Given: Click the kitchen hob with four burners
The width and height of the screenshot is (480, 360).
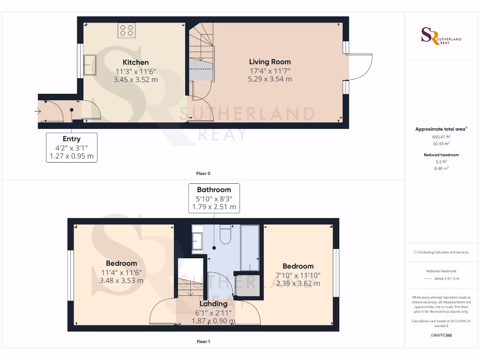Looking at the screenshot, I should tap(127, 30).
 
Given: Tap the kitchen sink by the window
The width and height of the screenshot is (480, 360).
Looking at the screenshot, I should tap(90, 65).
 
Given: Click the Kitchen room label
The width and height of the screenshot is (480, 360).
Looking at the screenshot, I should tap(135, 62).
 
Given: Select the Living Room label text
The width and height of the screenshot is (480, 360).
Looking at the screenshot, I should tap(270, 62).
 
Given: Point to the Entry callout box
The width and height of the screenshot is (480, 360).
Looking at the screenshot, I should tap(71, 147).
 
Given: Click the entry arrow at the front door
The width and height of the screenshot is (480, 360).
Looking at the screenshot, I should tap(37, 112).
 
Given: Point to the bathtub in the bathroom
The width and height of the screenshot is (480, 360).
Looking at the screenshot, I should tap(249, 248).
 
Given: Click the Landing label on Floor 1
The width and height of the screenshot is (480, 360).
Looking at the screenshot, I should tap(214, 304).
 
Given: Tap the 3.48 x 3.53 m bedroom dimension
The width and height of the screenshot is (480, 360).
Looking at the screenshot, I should tap(121, 281).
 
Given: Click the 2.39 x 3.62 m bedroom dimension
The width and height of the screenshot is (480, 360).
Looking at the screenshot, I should tap(298, 284).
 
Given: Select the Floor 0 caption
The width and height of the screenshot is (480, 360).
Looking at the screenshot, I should tap(203, 173).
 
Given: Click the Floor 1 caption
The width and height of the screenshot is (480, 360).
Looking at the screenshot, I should tap(203, 342).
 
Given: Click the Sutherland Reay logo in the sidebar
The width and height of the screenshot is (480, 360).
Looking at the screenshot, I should tap(441, 37).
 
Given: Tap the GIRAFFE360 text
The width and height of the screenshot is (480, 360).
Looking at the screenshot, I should tap(441, 335).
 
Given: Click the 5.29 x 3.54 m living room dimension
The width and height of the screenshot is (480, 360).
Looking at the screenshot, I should tap(270, 79).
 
